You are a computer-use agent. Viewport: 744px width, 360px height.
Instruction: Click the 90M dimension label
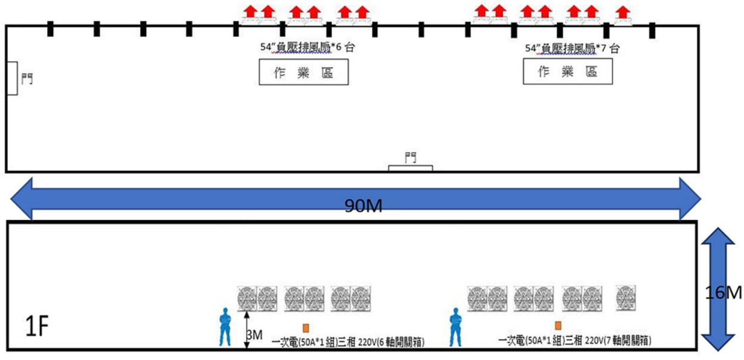[x=364, y=206]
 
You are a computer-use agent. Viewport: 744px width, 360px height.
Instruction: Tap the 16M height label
[x=728, y=293]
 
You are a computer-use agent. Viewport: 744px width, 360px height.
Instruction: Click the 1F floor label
[x=37, y=330]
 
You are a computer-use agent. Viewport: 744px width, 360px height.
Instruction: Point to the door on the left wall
[x=12, y=77]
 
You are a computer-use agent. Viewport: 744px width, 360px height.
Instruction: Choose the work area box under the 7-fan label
[x=568, y=73]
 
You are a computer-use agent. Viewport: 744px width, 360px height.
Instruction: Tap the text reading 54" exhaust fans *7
[x=572, y=48]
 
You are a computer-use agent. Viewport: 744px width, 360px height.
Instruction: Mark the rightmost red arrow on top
[x=622, y=13]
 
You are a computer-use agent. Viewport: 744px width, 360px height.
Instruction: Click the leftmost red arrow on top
[x=251, y=11]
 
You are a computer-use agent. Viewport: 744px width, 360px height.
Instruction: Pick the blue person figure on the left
[x=225, y=327]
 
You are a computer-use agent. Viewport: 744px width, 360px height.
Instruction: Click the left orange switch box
[x=306, y=327]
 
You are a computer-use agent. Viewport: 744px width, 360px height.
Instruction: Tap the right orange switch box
[x=558, y=325]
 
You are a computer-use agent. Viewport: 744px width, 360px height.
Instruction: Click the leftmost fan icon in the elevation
[x=247, y=298]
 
